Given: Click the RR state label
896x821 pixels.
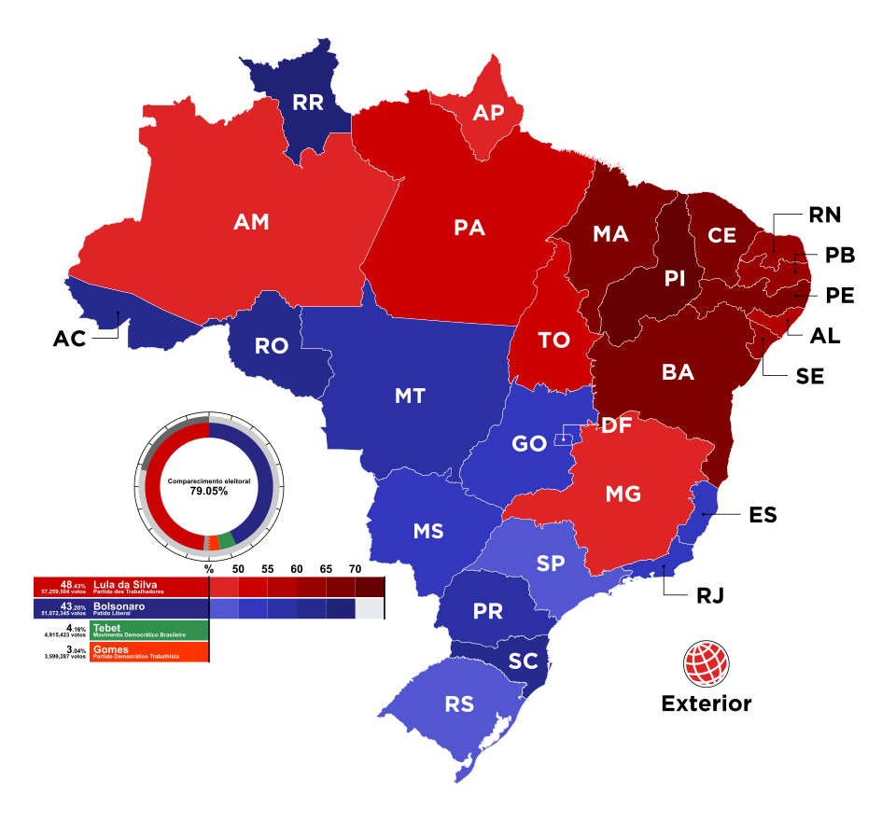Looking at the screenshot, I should (x=307, y=103).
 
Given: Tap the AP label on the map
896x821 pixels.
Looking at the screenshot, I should (x=488, y=113).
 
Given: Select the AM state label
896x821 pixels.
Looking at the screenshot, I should (x=251, y=222).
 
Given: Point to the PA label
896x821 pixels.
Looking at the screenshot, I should (x=469, y=228).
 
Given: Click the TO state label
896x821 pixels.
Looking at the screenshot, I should (x=554, y=341).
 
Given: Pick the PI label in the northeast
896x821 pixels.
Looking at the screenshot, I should (x=675, y=278).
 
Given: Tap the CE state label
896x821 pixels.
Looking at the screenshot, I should (x=721, y=236).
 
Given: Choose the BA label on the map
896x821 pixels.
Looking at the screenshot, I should (x=678, y=372).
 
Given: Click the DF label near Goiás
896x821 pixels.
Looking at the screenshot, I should (x=617, y=426).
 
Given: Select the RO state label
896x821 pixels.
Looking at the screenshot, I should (x=272, y=346).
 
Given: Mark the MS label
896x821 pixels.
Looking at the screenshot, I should (x=428, y=532).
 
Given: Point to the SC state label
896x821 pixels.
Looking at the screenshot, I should (x=524, y=661).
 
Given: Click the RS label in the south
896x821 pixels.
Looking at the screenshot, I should (x=459, y=704).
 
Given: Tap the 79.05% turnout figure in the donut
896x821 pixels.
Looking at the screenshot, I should (x=209, y=491).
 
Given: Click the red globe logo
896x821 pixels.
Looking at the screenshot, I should (x=706, y=663).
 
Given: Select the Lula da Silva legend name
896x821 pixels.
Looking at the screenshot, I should (x=125, y=584).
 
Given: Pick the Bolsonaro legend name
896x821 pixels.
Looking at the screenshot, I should (x=119, y=605).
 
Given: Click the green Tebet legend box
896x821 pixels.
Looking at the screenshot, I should (x=148, y=631).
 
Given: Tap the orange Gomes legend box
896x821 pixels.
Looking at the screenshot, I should (x=148, y=652).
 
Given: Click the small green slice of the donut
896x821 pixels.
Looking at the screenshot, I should (x=227, y=540).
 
